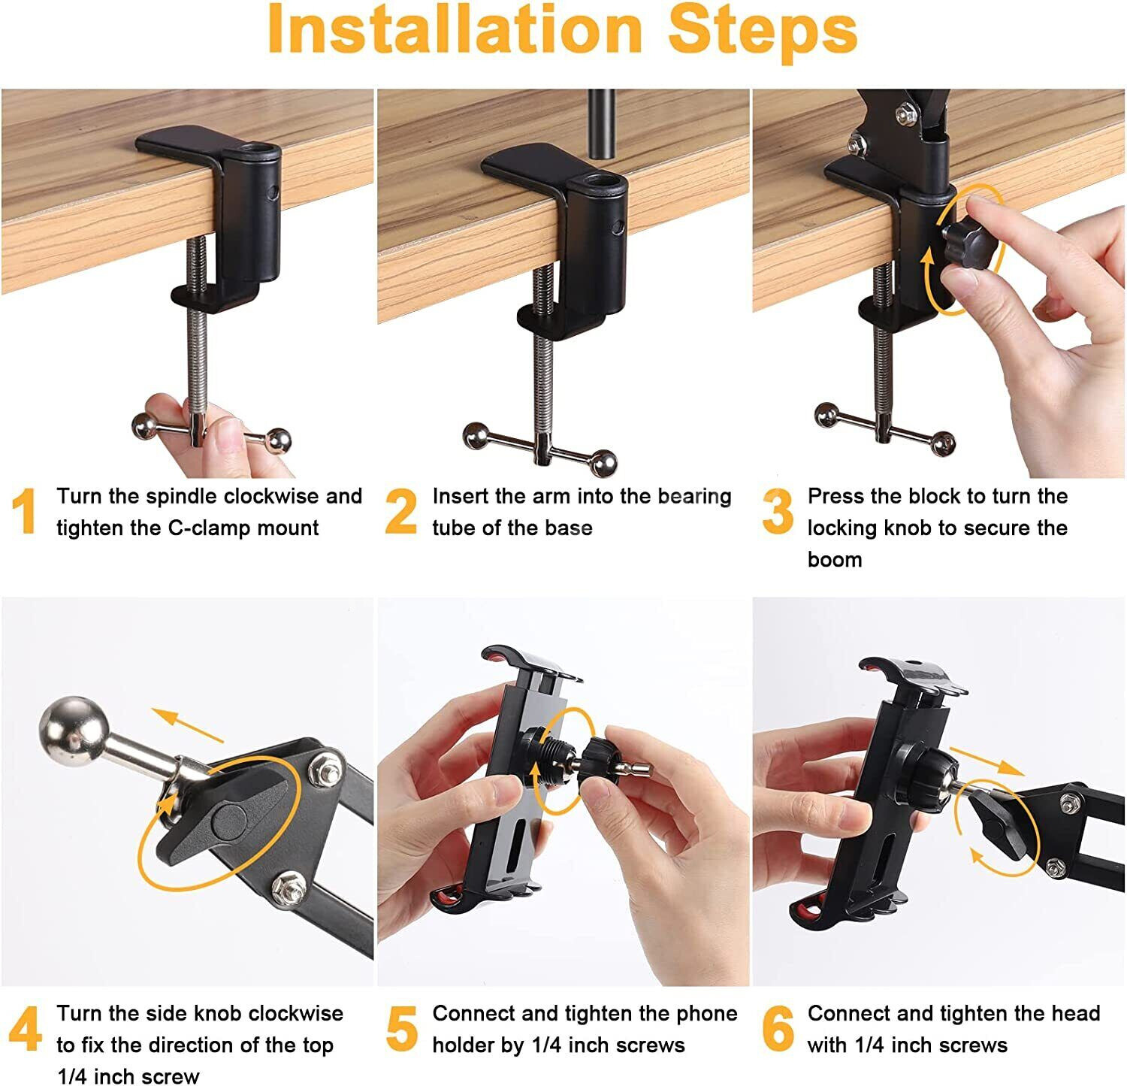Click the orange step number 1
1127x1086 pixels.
tap(25, 511)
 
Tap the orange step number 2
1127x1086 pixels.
tap(401, 511)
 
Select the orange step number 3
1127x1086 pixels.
tap(778, 511)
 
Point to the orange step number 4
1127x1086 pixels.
tap(26, 1029)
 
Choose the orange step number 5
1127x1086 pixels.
tap(402, 1029)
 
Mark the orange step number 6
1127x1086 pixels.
tap(778, 1029)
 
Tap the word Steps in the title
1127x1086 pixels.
tap(763, 30)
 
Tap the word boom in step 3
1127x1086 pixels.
tap(835, 560)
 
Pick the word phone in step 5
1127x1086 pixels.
tap(706, 1015)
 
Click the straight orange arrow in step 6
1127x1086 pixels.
tap(987, 761)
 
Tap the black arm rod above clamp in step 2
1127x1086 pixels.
tap(601, 123)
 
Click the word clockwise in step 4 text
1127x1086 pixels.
tap(295, 1013)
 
